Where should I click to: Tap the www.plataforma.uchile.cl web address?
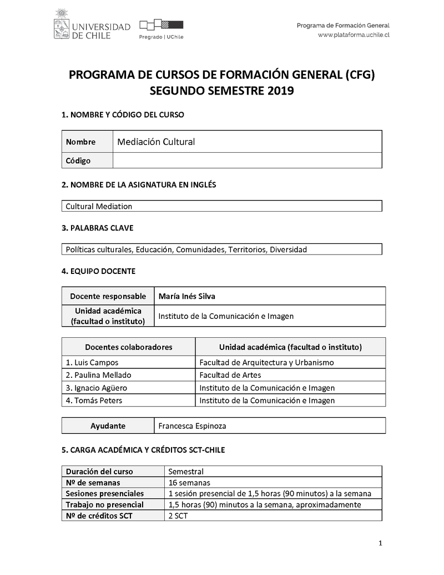pos(354,34)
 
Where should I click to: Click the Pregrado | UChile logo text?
pos(161,37)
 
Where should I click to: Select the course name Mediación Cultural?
pos(156,142)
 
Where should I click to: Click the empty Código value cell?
pos(247,161)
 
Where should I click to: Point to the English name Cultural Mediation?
pos(99,206)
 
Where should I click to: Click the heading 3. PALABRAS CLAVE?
pos(97,228)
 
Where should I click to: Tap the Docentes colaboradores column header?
pos(128,347)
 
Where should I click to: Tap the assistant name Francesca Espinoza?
pos(192,426)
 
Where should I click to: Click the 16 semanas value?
pos(189,482)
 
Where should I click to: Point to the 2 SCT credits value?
pos(178,516)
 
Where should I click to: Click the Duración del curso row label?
pos(99,471)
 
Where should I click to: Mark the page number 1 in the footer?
pos(380,543)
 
